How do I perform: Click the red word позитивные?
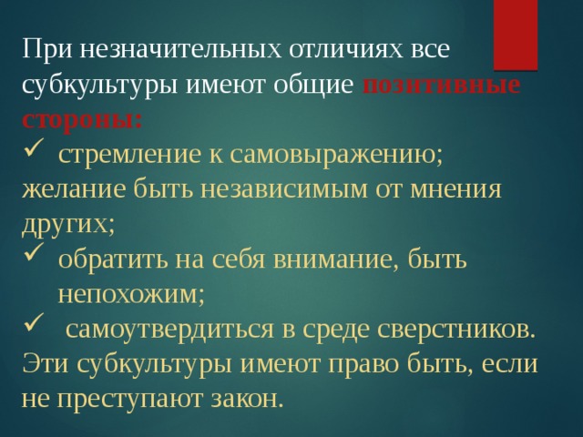[x=442, y=85]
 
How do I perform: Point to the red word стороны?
[x=82, y=119]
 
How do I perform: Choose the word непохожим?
[x=130, y=293]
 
